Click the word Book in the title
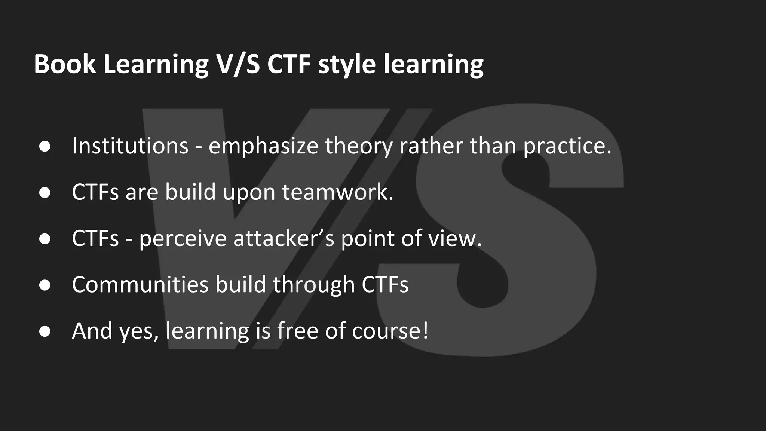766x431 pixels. click(65, 64)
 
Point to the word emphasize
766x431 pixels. click(263, 146)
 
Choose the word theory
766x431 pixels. click(359, 146)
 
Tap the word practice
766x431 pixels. click(567, 146)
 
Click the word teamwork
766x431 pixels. click(337, 192)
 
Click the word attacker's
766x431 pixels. click(284, 238)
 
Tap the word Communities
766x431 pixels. click(140, 285)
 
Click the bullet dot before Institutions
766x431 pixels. click(45, 146)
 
